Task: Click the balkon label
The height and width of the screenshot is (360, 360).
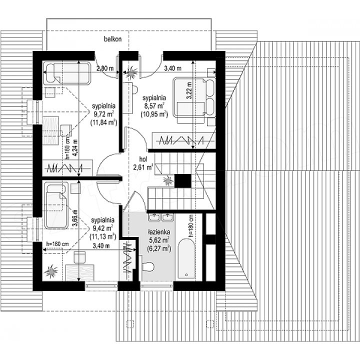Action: coord(112,39)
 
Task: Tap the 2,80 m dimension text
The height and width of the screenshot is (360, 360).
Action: coord(105,68)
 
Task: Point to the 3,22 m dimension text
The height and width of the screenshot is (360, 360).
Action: coord(189,90)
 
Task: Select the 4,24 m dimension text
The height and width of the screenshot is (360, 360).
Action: coord(75,148)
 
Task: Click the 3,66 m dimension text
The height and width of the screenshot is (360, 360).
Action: coord(75,218)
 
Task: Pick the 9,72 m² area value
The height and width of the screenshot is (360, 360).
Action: coord(104,114)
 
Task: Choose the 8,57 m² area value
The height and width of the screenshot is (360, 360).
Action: coord(154,106)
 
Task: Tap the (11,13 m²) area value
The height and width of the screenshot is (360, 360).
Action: coord(103,236)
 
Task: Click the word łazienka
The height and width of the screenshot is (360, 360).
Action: coord(159,232)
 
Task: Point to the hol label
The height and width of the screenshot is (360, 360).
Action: coord(143,159)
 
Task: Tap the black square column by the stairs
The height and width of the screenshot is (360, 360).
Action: coord(183,181)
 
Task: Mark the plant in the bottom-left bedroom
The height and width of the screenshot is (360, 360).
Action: coord(51,271)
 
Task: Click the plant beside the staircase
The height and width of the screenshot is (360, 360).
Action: coord(168,180)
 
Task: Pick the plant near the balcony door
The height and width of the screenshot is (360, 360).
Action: coord(131,72)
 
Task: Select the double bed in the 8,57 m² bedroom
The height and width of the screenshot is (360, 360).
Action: coord(194,97)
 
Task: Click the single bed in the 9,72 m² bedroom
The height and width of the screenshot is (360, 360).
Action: coord(67,73)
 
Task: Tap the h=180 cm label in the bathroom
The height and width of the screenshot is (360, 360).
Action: coord(190,226)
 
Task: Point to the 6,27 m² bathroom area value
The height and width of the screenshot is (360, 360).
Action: coord(159,248)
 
